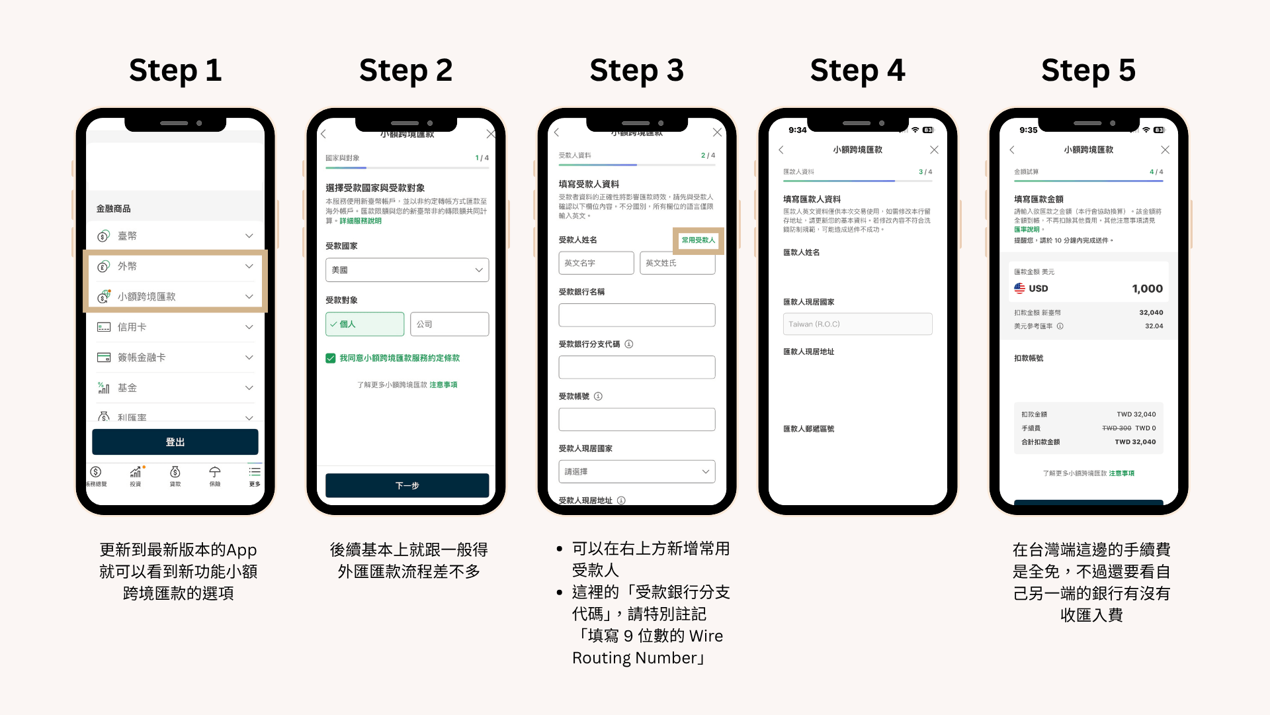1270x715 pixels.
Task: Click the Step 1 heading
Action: point(175,70)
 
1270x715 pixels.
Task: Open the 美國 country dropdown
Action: point(407,270)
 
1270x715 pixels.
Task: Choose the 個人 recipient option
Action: point(364,324)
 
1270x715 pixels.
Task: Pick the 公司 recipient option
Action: point(449,324)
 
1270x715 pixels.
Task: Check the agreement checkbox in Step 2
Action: point(331,358)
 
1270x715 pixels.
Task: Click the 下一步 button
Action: point(407,485)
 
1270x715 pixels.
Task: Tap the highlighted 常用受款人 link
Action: point(698,240)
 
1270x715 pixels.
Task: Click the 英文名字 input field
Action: point(596,263)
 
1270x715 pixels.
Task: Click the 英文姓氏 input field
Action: point(677,263)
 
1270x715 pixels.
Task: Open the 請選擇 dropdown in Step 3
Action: point(636,471)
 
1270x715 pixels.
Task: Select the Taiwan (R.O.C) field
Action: point(857,324)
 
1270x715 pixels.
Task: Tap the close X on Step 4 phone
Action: point(934,150)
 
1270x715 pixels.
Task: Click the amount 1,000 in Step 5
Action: point(1147,289)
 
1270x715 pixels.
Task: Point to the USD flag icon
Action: point(1019,289)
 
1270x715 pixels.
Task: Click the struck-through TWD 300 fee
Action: point(1117,428)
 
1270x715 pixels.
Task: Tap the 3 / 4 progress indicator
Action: point(925,172)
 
